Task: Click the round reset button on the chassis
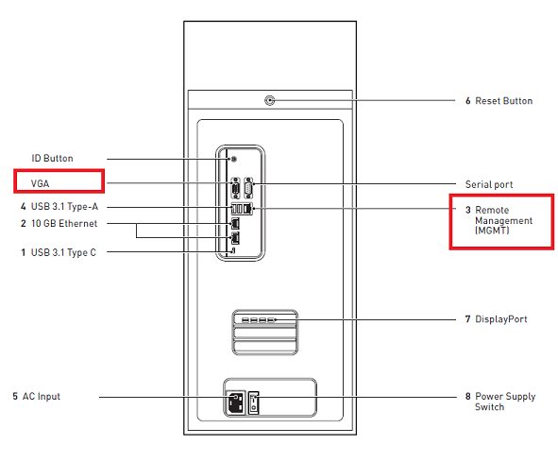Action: pos(270,99)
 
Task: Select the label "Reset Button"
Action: pos(503,100)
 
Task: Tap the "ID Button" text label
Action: pos(52,159)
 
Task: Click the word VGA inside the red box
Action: pos(40,182)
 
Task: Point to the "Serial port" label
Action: pos(489,183)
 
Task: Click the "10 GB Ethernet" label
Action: pos(63,224)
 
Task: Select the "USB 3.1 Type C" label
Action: pos(63,252)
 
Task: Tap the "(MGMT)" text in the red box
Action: pos(491,231)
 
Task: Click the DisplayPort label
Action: pos(500,319)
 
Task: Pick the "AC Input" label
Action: pos(41,396)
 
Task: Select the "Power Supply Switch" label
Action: pos(504,402)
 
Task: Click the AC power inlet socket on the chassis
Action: pos(234,404)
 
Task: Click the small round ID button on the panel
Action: pos(233,159)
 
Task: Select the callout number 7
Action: pos(467,319)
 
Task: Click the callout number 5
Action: pos(15,396)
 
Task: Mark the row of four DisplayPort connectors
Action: pos(258,320)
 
